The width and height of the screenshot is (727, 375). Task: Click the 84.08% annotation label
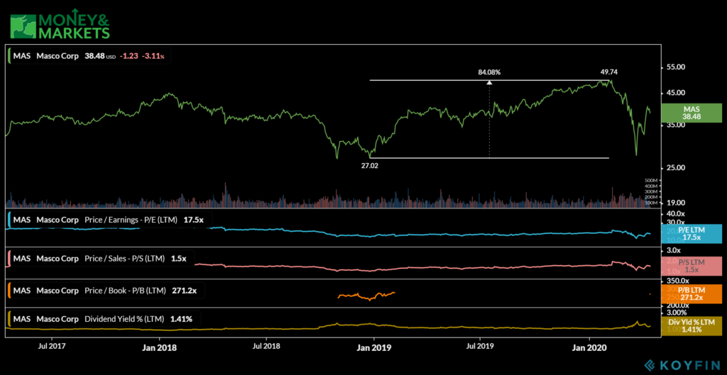[x=489, y=72]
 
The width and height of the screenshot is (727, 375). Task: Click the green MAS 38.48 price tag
[x=692, y=112]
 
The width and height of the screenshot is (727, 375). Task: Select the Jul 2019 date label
[x=480, y=347]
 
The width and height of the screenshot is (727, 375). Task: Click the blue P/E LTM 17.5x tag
[x=692, y=233]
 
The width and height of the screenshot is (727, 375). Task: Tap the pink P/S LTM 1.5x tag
[x=692, y=266]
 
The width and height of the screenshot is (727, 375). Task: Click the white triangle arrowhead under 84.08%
[x=489, y=82]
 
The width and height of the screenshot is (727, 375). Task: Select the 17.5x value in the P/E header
[x=193, y=220]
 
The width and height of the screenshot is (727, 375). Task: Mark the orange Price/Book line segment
[x=366, y=296]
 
